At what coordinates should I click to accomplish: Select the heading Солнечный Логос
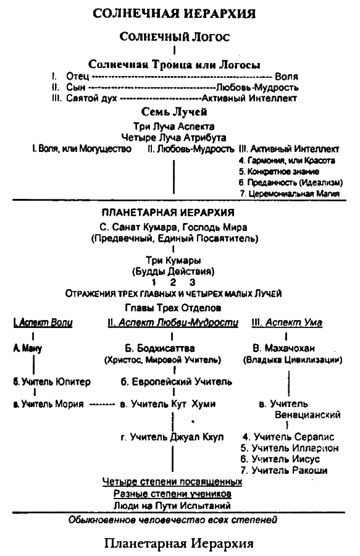(x=175, y=37)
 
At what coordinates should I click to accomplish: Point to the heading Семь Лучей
(x=175, y=112)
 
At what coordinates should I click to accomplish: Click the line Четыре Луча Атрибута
(x=174, y=137)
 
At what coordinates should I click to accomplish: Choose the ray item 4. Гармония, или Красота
(x=287, y=160)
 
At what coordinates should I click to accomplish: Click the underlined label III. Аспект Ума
(x=288, y=324)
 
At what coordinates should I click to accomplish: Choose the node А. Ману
(x=28, y=348)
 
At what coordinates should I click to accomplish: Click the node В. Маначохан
(x=285, y=348)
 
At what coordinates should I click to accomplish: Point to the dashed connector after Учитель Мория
(x=102, y=405)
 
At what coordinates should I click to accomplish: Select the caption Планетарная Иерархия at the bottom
(x=179, y=544)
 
